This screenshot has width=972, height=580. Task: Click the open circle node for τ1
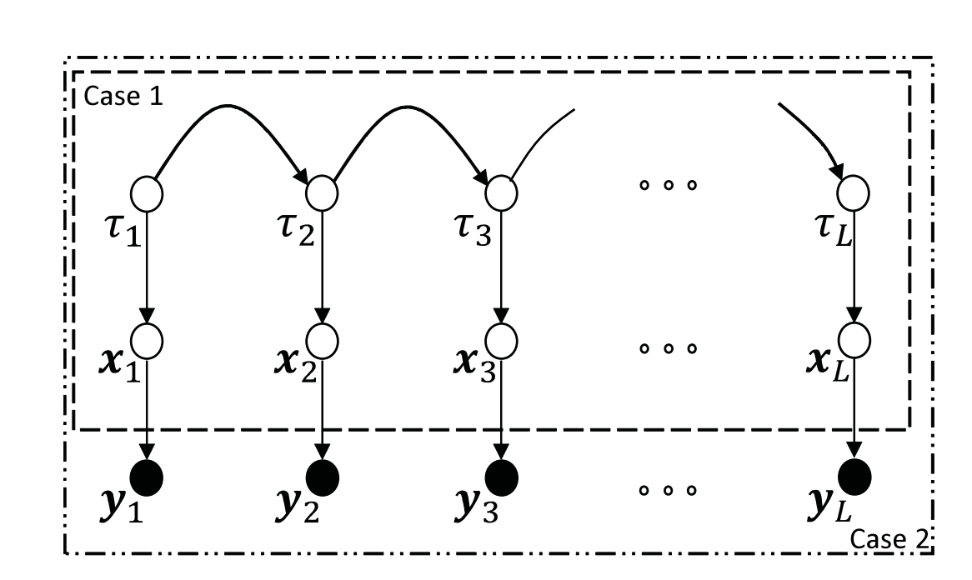coord(148,193)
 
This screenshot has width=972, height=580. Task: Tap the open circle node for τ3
coord(502,193)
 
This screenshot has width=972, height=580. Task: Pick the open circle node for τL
coord(854,193)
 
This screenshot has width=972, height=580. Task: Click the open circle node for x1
coord(148,338)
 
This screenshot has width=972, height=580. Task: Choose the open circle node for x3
coord(502,338)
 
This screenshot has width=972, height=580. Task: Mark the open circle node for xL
coord(854,338)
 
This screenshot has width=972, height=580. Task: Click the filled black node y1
coord(148,477)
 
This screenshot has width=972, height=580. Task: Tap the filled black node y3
coord(502,477)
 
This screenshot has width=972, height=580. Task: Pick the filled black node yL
coord(854,477)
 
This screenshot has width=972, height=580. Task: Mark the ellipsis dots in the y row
coord(667,490)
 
